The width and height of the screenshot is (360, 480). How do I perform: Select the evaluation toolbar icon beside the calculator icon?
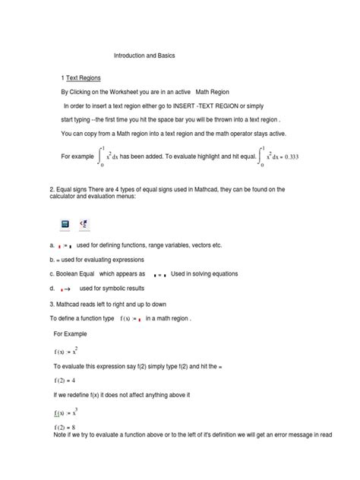point(84,224)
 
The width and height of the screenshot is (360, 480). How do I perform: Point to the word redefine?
point(78,395)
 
